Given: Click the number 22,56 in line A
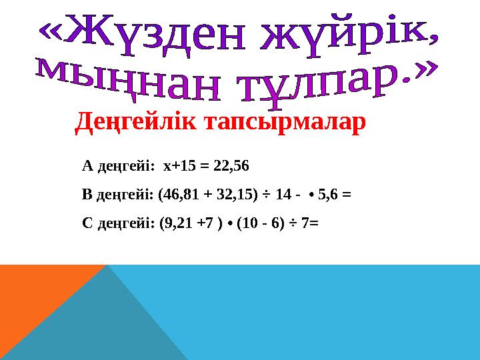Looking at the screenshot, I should [235, 165].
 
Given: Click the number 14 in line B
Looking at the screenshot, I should [282, 195].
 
